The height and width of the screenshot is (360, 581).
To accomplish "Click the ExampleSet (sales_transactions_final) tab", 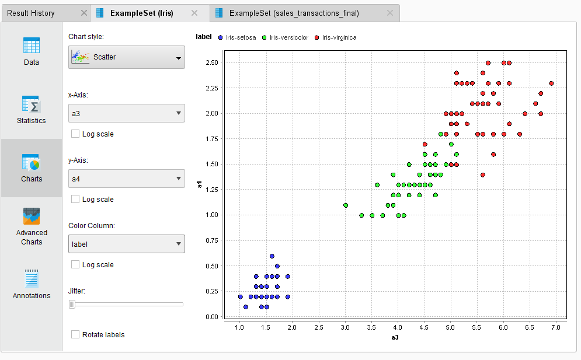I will coord(294,13).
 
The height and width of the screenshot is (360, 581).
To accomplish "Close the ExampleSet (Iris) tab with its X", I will coord(194,13).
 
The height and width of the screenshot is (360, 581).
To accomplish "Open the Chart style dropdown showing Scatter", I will coord(127,57).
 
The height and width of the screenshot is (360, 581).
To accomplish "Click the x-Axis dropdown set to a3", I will coord(127,113).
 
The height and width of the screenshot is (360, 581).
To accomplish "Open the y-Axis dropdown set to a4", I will coord(127,179).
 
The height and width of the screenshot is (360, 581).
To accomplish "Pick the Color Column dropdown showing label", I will coord(127,244).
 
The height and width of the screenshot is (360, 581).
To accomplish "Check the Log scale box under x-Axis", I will coord(75,134).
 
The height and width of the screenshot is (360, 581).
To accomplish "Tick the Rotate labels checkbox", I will coord(75,335).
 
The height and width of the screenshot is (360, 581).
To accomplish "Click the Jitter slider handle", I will coord(72,304).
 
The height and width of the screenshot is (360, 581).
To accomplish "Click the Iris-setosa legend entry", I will coord(237,37).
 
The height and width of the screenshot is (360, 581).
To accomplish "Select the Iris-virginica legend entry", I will coord(335,37).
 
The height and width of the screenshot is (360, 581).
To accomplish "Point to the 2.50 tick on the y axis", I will coord(211,62).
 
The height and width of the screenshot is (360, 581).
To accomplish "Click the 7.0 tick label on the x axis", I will coord(555,328).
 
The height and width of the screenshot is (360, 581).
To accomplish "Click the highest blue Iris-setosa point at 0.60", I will coord(272,256).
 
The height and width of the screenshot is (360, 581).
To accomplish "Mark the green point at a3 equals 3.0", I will coord(346,205).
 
